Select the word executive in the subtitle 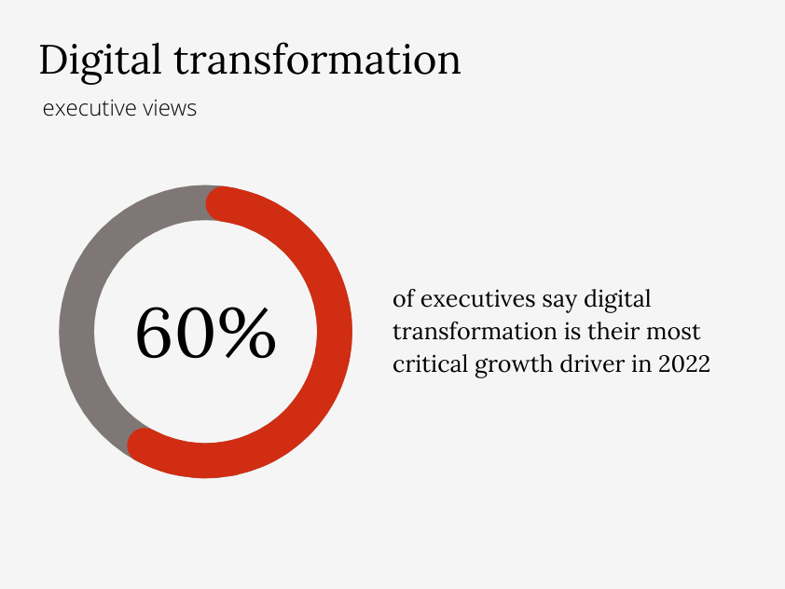[x=90, y=109]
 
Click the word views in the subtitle [x=170, y=109]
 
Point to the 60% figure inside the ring [x=206, y=334]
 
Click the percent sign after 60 [x=247, y=334]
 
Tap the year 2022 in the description [x=684, y=363]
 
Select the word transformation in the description [x=472, y=332]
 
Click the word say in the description [x=558, y=301]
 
